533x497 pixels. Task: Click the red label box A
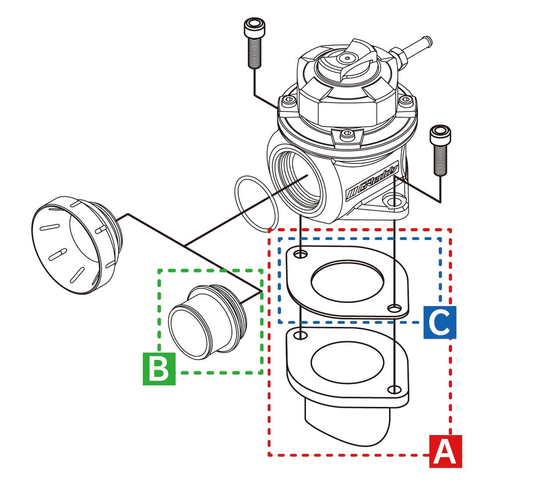445,452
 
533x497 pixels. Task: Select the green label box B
159,369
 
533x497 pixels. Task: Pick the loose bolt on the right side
440,149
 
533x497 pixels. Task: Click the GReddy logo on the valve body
373,182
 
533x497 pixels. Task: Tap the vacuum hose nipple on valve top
413,49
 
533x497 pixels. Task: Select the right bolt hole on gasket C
392,308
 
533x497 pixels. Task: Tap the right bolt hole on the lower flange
393,390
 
